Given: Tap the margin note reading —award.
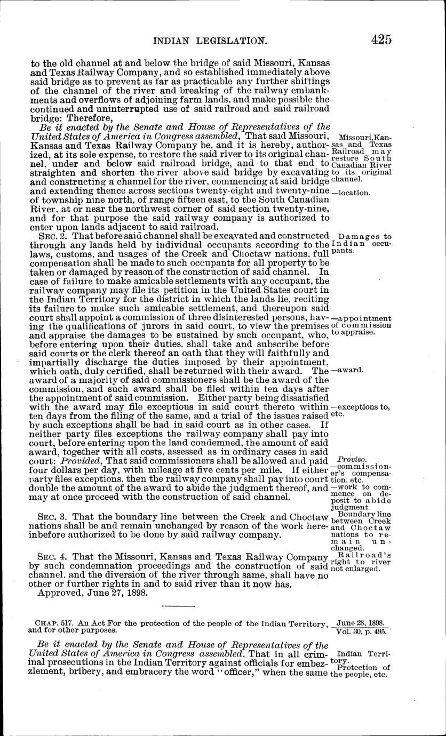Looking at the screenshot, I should coord(347,370).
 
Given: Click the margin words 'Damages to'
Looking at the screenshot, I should coord(365,236).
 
